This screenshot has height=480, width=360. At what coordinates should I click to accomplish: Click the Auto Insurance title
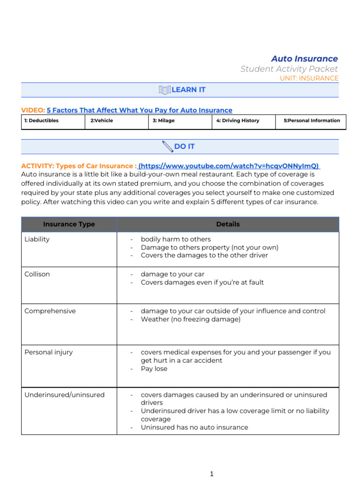coord(304,59)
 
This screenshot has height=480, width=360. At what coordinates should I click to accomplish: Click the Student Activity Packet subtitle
coord(289,69)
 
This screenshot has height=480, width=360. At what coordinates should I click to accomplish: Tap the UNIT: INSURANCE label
coord(309,78)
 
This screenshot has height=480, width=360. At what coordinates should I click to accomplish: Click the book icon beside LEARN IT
coord(165,90)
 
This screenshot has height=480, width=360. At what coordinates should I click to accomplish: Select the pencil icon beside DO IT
coord(167,147)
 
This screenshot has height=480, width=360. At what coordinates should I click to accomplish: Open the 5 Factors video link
coord(139,110)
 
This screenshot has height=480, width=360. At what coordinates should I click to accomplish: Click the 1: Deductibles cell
coord(41,120)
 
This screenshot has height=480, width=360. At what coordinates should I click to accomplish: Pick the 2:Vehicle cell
coord(102,120)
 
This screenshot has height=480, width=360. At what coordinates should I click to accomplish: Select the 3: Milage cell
coord(163,120)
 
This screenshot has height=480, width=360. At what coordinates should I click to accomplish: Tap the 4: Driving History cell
coord(238,120)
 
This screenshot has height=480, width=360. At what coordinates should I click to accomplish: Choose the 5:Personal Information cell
coord(312,120)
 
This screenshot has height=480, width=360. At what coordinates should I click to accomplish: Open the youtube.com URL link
coord(229,166)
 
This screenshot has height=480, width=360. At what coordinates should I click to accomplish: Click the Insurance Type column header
coord(69,225)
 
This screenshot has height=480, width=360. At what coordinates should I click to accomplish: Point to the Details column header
coord(228,225)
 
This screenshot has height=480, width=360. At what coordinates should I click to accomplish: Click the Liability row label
coord(37,239)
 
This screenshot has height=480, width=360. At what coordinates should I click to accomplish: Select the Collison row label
coord(37,274)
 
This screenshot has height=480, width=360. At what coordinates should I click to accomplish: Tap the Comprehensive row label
coord(50,311)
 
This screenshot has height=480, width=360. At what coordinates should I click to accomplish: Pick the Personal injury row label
coord(48,352)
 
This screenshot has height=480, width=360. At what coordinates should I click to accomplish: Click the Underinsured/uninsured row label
coord(64,395)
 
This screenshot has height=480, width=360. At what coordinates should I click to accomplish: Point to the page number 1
coord(212,474)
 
